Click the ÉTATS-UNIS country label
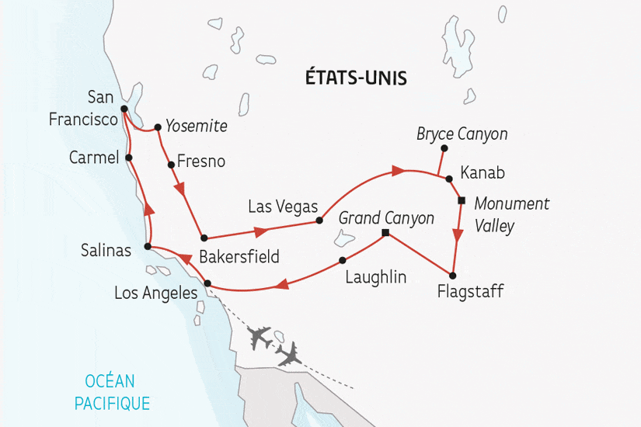(358, 78)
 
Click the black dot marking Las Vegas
(319, 220)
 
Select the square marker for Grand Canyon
(385, 232)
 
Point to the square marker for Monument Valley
(461, 201)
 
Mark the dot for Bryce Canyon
(444, 148)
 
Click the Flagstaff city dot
(453, 276)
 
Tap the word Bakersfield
(239, 256)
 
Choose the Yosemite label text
(197, 126)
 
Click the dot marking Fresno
(171, 165)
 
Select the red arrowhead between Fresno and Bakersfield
(180, 189)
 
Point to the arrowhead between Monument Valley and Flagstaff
(458, 236)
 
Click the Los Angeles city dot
(207, 283)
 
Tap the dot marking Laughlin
(342, 260)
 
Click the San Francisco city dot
(123, 109)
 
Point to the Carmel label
(92, 158)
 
